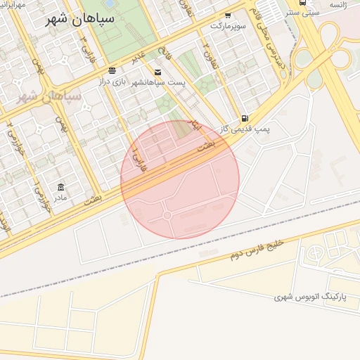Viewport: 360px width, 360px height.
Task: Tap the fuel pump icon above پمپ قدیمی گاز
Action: coord(244,118)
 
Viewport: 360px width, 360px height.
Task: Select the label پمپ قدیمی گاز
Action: coord(245,129)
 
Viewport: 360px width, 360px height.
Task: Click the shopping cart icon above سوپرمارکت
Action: coord(228,14)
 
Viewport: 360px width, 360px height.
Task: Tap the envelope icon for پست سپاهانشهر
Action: coord(157,72)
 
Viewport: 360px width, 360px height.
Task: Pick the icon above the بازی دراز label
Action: coord(112,71)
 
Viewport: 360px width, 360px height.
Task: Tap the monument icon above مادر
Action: coord(61,187)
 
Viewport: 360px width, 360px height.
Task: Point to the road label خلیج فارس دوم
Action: coord(257,249)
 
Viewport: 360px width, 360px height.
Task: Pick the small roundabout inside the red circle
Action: coord(167,215)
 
